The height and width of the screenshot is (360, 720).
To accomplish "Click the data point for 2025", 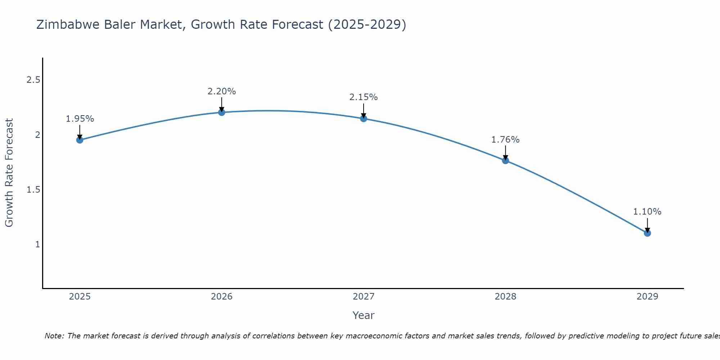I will tap(80, 140).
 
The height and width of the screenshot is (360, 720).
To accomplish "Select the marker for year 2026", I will tap(222, 112).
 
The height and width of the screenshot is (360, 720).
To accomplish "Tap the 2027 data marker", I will tap(364, 118).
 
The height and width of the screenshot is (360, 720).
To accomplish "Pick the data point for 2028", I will tap(505, 161).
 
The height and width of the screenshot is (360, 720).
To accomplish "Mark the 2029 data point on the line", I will tap(647, 233).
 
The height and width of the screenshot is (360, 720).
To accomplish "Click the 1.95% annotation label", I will tap(80, 119).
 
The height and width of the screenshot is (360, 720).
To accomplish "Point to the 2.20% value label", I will tap(222, 91).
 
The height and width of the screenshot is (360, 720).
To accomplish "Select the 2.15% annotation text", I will tap(364, 97).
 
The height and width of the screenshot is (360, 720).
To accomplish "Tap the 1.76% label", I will tap(505, 140).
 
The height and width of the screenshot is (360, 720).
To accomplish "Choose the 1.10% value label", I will tap(647, 212).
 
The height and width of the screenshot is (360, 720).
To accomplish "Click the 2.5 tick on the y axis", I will tap(33, 80).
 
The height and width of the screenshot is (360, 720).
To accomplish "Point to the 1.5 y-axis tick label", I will tap(33, 190).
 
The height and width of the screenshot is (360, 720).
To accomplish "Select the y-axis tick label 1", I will tap(37, 244).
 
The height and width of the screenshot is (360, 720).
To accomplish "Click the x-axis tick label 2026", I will tap(222, 297).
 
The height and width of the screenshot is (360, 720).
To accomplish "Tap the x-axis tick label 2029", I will tap(647, 297).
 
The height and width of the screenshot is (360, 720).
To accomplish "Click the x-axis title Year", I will tap(364, 315).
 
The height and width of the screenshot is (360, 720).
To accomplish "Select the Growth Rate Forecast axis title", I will tap(9, 173).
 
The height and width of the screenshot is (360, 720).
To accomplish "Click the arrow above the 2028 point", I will tap(505, 153).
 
